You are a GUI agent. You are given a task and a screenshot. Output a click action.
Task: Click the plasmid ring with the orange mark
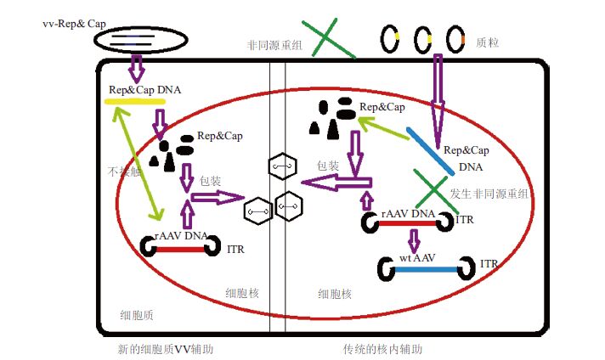pos(456,39)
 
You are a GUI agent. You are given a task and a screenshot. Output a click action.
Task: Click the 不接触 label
pos(118,170)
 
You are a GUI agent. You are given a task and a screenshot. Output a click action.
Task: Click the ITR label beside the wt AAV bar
pos(489,265)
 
